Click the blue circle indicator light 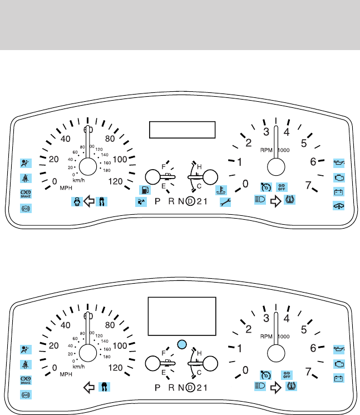(x=180, y=343)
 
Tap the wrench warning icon (x=225, y=202)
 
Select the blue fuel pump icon (x=144, y=190)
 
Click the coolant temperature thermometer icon (x=220, y=189)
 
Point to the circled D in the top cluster (x=191, y=201)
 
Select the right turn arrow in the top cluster (x=274, y=201)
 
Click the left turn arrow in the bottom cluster (x=87, y=386)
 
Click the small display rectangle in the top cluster (x=182, y=130)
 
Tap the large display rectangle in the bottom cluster (x=181, y=315)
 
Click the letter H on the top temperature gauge (x=199, y=167)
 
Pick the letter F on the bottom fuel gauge (x=164, y=353)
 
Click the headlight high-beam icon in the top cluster (x=259, y=199)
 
